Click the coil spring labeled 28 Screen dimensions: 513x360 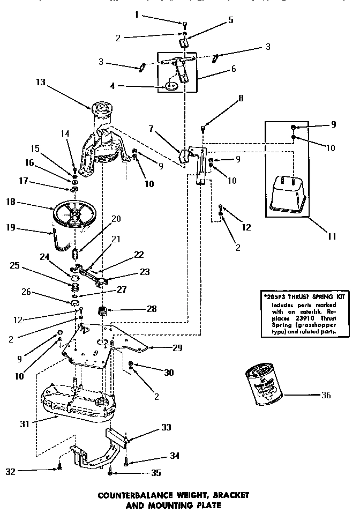[102, 310]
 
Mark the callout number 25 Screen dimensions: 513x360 [14, 265]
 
